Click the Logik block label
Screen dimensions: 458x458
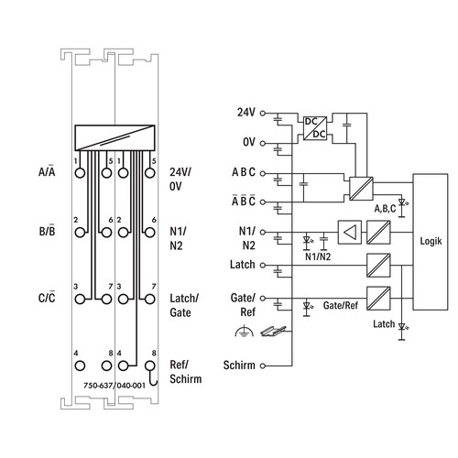click(431, 241)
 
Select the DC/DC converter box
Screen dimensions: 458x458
click(315, 128)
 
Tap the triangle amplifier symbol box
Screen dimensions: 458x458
click(350, 233)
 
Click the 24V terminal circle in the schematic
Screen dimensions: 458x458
click(262, 114)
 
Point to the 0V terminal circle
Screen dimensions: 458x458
click(262, 143)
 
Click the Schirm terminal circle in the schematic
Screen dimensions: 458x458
click(262, 365)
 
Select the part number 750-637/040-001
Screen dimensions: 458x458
click(114, 386)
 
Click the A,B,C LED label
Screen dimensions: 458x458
click(385, 209)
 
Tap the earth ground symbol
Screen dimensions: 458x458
click(245, 332)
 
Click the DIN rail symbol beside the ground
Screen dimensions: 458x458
click(273, 332)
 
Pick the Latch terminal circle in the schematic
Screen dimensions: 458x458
click(262, 265)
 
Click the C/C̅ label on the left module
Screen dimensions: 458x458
click(47, 298)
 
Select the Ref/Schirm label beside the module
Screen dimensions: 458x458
click(186, 372)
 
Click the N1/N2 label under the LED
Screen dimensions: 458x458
click(318, 256)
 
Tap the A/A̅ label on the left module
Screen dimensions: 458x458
click(47, 171)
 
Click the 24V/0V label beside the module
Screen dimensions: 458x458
click(180, 179)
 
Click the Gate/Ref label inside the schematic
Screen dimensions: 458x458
click(341, 305)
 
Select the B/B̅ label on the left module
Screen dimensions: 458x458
click(47, 231)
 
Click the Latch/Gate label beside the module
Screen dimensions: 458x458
click(184, 305)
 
